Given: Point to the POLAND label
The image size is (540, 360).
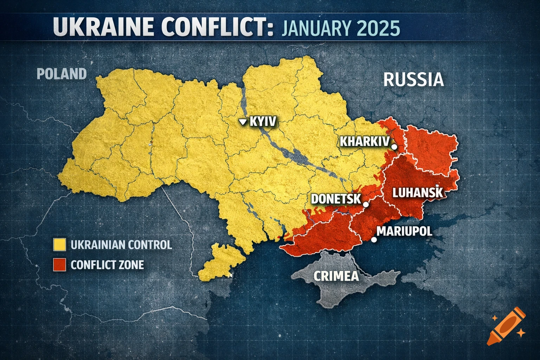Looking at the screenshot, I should (62, 74).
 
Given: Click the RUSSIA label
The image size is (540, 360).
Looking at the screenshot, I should (413, 79).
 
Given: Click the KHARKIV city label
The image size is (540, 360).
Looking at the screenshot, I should (365, 142).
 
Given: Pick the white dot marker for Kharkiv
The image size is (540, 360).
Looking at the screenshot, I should (394, 147).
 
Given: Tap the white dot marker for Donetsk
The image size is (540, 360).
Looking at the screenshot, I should (366, 204).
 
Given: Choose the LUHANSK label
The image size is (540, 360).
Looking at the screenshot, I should (417, 193).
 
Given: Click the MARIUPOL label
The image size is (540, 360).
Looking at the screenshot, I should (404, 231).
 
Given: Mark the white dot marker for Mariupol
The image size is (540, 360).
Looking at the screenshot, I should (374, 239).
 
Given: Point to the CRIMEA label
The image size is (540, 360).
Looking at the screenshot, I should (336, 276).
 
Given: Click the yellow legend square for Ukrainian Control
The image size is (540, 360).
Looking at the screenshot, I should (59, 244).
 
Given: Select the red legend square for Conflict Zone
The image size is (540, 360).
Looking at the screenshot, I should (59, 264).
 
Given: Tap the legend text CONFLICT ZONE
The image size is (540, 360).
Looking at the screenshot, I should (107, 264).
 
